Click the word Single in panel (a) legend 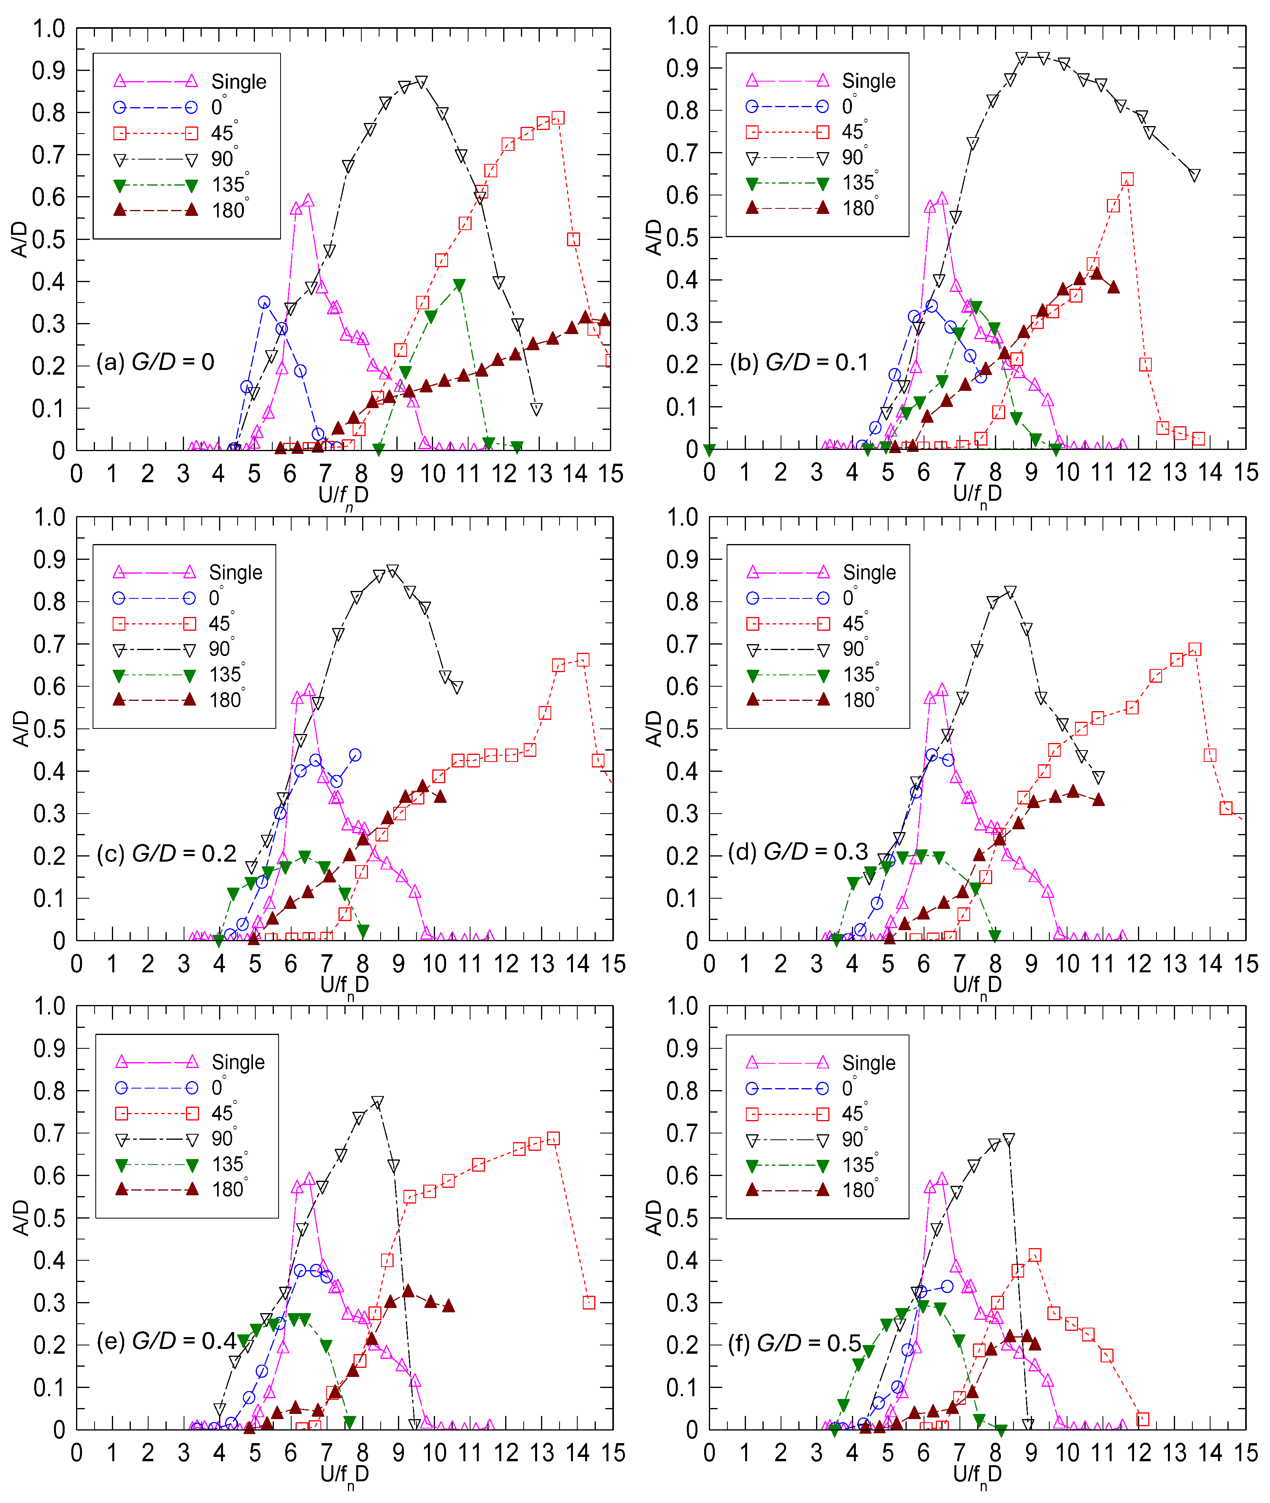coord(238,81)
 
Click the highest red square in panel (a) coord(557,118)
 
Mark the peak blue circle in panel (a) coord(264,302)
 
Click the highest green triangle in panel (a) coord(459,285)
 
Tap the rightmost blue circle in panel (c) coord(355,755)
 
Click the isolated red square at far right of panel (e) coord(589,1302)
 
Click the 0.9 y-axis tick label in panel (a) coord(48,71)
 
